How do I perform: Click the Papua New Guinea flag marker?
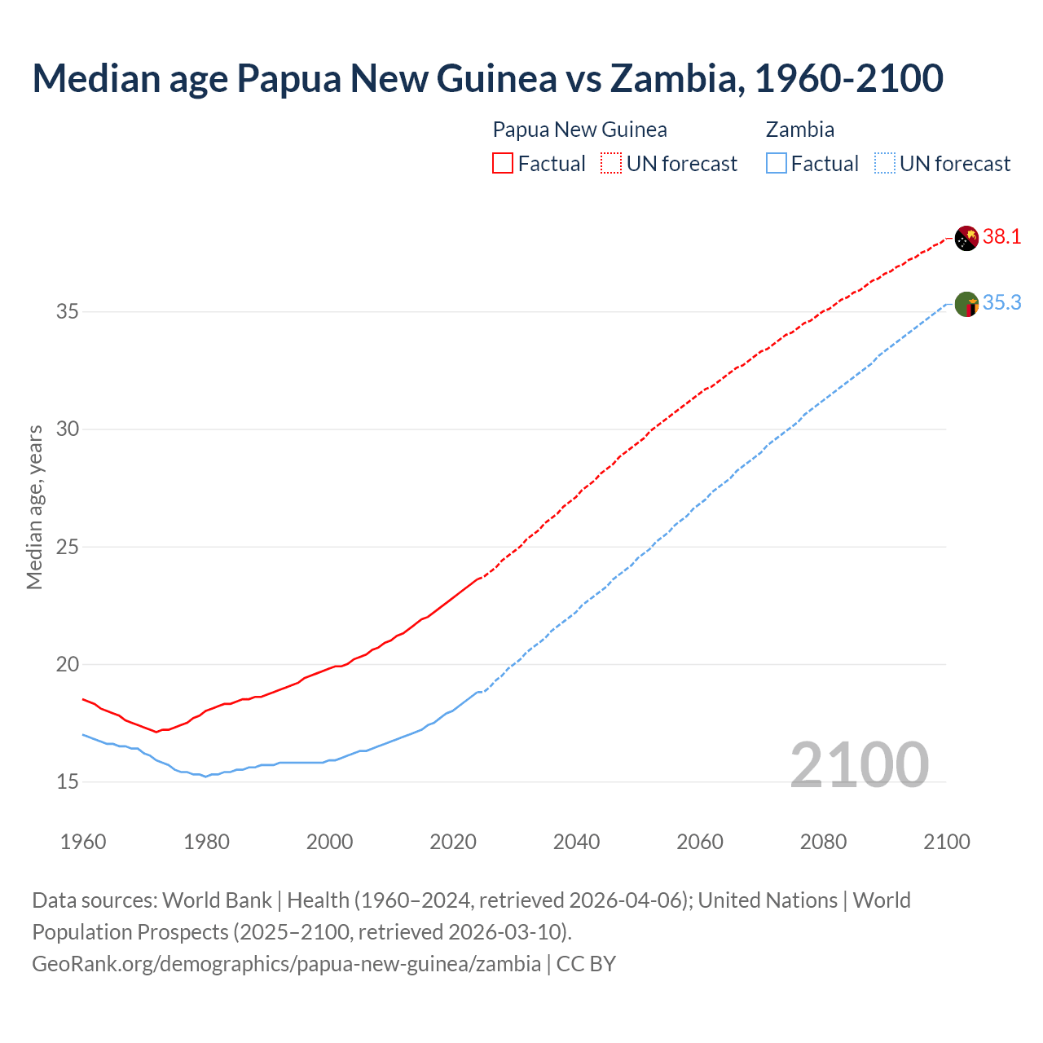point(966,238)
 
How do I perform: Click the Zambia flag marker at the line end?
point(966,305)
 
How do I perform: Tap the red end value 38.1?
point(1001,237)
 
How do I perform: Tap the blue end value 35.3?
point(1001,303)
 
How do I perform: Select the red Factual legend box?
point(503,164)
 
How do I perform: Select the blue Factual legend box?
point(777,164)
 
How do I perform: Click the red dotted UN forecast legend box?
point(611,164)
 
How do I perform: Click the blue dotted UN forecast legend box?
point(885,164)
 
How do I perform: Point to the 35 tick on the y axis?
point(68,312)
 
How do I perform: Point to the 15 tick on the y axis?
point(68,782)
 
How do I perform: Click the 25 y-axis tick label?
point(68,547)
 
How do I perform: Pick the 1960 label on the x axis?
point(83,842)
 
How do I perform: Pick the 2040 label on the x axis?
point(576,842)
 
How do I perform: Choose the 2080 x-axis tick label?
point(823,842)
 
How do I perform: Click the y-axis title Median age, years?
point(34,507)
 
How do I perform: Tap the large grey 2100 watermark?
point(859,764)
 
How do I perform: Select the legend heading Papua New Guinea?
point(579,130)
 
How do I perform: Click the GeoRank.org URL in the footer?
point(286,964)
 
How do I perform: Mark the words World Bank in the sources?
point(217,900)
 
